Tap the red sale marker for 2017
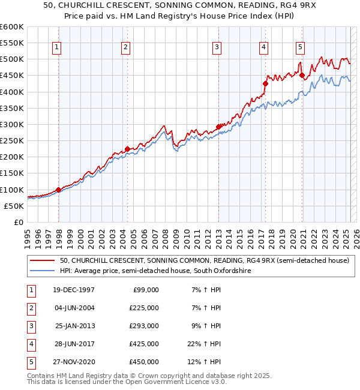[265, 83]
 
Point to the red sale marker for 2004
[127, 149]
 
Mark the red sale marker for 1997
[58, 190]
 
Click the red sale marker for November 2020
[302, 76]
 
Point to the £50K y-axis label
[14, 206]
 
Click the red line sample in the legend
[43, 260]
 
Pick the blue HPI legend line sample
[43, 271]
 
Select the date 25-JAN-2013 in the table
[74, 326]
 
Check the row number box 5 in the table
[31, 362]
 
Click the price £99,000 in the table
[144, 290]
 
